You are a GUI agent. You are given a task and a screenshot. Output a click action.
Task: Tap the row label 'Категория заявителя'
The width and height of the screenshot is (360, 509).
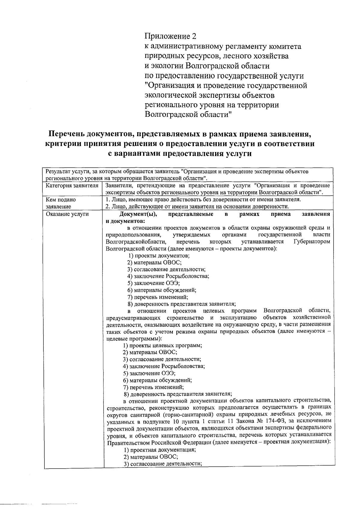coord(72,186)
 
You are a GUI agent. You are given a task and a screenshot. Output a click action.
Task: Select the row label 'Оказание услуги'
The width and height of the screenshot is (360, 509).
coord(67,214)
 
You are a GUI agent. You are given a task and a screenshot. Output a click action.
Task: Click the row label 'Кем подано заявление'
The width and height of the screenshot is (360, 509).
coord(61,203)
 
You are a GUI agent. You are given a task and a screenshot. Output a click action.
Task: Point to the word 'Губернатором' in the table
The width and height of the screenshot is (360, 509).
coord(312,242)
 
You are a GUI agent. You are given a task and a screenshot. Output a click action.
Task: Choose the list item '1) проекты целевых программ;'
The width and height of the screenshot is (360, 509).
coord(163,345)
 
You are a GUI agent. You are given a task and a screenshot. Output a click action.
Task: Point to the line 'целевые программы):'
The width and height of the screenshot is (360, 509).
coord(134,338)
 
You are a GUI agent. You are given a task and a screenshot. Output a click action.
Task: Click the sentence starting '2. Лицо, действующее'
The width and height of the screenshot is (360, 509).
coord(197,206)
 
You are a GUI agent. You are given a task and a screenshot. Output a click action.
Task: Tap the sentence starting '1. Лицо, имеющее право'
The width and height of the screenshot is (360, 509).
coord(203,199)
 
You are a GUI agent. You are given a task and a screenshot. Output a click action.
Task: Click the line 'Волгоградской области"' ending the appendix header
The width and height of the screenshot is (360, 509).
coord(188,115)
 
